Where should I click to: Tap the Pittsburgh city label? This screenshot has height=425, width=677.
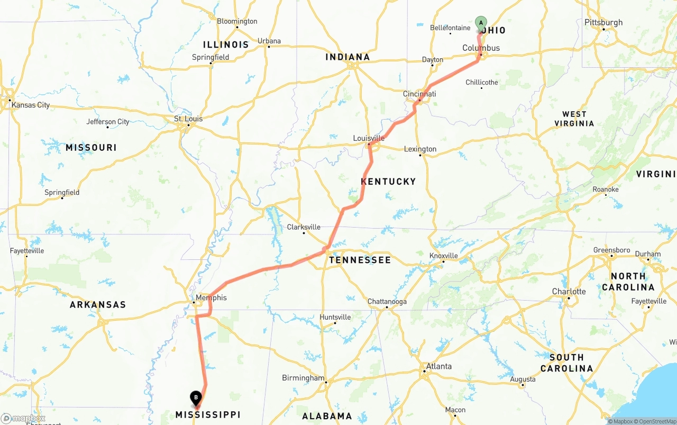[x=603, y=23]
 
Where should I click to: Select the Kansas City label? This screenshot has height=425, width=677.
[x=31, y=105]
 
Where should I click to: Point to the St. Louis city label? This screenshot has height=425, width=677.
[x=188, y=119]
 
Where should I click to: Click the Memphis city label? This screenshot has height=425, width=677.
[x=211, y=297]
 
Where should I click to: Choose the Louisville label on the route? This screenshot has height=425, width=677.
[x=369, y=138]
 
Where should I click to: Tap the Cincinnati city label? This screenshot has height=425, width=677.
[x=419, y=94]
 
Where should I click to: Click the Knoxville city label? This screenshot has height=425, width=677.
[x=443, y=256]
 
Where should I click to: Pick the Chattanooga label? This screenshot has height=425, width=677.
[x=388, y=302]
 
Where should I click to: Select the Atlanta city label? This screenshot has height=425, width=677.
[x=439, y=366]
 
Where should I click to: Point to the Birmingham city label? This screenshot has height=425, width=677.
[x=303, y=378]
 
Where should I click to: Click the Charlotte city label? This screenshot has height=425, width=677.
[x=569, y=292]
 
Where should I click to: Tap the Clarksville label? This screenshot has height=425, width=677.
[x=304, y=227]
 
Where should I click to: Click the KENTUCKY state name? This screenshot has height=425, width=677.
[x=388, y=182]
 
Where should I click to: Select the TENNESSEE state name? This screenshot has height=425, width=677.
[x=360, y=260]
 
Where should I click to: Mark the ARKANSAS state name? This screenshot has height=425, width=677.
[x=98, y=305]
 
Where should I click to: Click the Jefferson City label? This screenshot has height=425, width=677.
[x=108, y=122]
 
